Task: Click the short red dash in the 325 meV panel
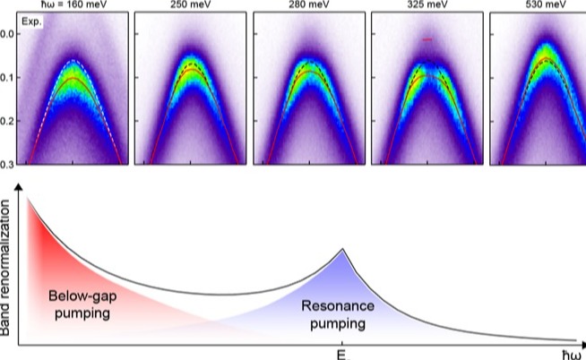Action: tap(427, 40)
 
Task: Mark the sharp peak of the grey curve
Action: tap(342, 249)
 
